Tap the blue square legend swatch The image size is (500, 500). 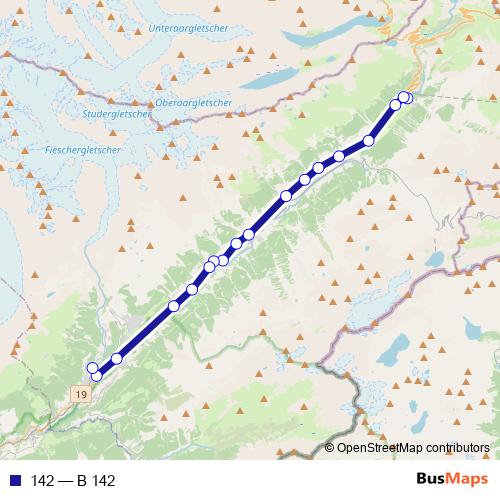(x=14, y=480)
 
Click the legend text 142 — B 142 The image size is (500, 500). (x=73, y=480)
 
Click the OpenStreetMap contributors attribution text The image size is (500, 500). (x=413, y=448)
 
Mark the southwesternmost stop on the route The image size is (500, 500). (x=96, y=376)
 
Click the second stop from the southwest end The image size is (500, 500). (x=92, y=368)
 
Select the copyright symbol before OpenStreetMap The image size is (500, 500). (x=331, y=448)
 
